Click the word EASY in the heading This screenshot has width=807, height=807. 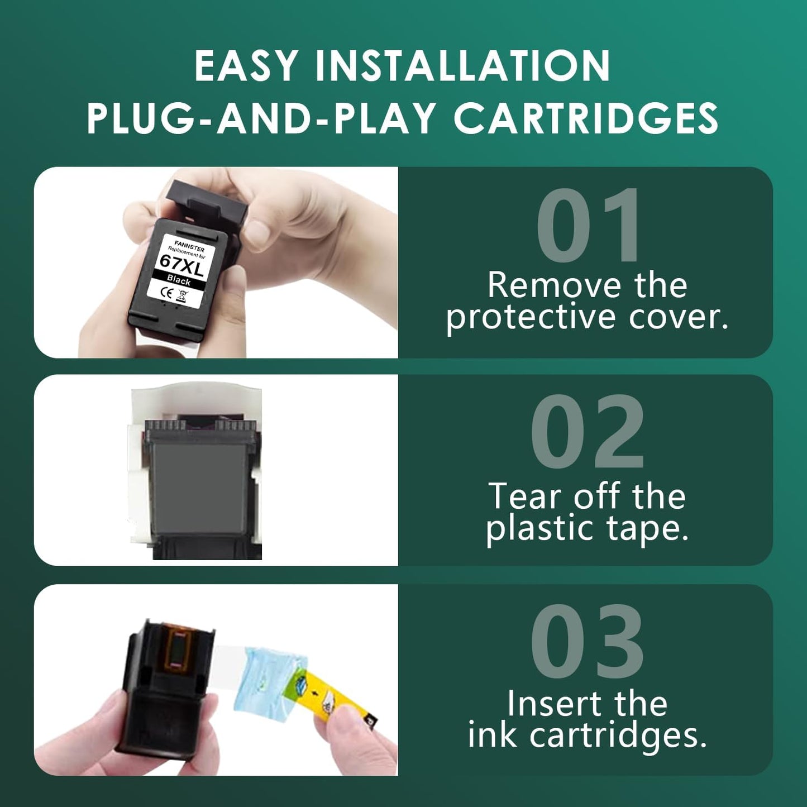(x=245, y=66)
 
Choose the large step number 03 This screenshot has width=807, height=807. (x=588, y=642)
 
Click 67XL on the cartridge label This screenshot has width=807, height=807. (x=182, y=265)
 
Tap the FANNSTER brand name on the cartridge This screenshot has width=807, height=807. (x=189, y=246)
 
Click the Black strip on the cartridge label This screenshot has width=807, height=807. (x=179, y=280)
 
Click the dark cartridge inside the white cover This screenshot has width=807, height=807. (x=199, y=480)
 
